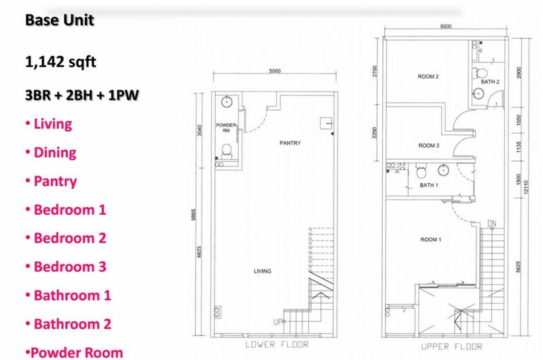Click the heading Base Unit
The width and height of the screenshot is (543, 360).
(60, 20)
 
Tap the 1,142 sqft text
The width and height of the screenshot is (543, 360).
(60, 62)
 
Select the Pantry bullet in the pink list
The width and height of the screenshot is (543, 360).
(52, 181)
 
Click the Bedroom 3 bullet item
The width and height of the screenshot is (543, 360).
(66, 267)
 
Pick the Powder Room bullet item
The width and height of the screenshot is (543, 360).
(74, 353)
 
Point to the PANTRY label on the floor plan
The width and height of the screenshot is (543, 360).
(291, 143)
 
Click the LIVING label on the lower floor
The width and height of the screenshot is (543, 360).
(263, 271)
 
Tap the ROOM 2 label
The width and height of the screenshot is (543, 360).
(428, 77)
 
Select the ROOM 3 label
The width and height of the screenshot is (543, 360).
(429, 145)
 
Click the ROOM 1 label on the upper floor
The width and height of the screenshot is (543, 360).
(431, 239)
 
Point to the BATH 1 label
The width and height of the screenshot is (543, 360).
(429, 185)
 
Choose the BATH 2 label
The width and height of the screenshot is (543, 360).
(490, 82)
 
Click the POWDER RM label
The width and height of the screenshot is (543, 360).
(226, 128)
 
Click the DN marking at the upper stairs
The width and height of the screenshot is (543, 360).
(491, 224)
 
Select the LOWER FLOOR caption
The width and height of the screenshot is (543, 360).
(277, 344)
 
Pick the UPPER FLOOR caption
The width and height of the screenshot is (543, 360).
(451, 346)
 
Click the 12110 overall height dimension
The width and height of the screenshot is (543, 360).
(527, 187)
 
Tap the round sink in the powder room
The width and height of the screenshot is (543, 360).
(227, 102)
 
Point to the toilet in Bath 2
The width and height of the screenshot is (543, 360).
(480, 73)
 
